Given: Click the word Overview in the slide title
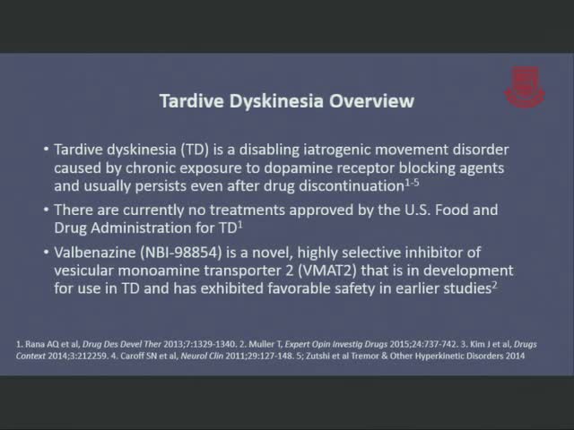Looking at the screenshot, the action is (x=371, y=101).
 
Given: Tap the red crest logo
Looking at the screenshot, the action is (x=525, y=87).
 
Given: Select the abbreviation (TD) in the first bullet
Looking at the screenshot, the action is (x=195, y=150).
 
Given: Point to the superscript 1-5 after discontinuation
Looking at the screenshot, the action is (x=412, y=183).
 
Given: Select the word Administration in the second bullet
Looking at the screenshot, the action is (x=141, y=228).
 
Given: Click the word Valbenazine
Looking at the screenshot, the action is (x=95, y=253).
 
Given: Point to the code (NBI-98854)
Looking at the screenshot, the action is (x=181, y=253).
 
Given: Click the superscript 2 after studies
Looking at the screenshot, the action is (x=494, y=285).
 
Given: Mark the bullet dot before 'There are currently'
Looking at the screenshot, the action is (x=46, y=210).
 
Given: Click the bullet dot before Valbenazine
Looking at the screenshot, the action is (x=46, y=253).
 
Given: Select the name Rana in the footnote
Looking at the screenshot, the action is (x=33, y=344).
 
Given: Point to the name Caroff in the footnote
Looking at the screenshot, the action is (x=130, y=357).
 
